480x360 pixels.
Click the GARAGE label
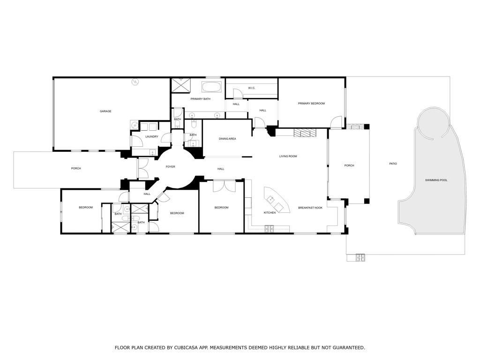click(x=105, y=111)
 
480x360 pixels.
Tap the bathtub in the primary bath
click(x=211, y=87)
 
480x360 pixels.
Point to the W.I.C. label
click(x=251, y=88)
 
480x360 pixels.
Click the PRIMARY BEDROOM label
click(x=311, y=103)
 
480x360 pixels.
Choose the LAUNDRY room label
click(x=151, y=136)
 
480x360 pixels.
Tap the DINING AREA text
click(x=227, y=139)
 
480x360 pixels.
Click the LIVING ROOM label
click(x=288, y=156)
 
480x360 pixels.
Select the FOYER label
click(x=170, y=166)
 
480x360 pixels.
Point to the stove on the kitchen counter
click(x=270, y=229)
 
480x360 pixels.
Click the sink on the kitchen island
click(x=270, y=200)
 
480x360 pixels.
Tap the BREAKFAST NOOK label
click(x=310, y=208)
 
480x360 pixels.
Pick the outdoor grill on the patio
click(x=360, y=257)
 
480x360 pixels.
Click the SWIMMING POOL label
click(x=436, y=180)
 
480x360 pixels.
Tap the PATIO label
click(x=393, y=164)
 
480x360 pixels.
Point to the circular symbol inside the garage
click(x=135, y=82)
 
